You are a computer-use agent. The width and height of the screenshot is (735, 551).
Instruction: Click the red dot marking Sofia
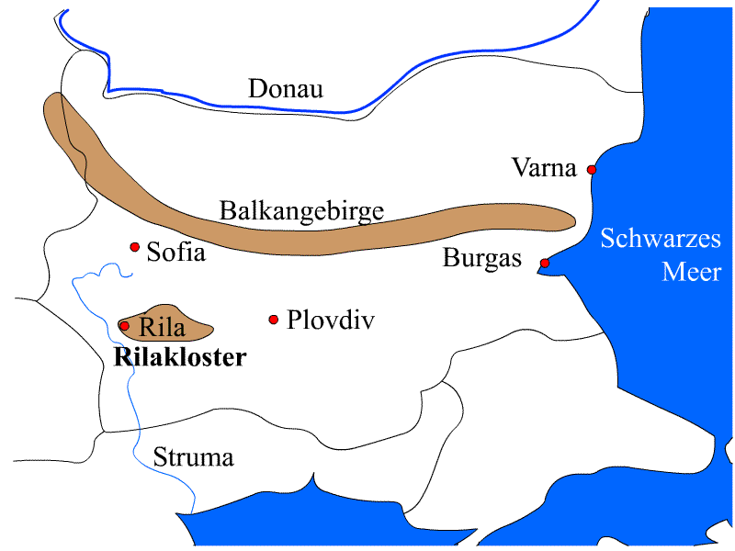click(x=134, y=247)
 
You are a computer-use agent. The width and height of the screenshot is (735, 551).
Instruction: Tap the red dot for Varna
click(x=592, y=170)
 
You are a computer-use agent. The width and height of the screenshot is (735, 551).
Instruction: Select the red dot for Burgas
click(x=545, y=264)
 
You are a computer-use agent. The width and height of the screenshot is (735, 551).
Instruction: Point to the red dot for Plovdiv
click(x=273, y=320)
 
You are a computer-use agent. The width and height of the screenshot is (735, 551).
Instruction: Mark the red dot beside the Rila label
click(x=124, y=325)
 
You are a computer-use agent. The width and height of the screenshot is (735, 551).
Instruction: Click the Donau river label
click(x=286, y=89)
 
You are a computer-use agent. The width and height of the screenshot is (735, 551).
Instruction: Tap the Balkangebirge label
click(x=300, y=210)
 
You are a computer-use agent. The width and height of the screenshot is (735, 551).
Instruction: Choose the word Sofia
click(x=175, y=253)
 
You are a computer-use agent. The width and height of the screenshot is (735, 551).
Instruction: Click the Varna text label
click(x=545, y=169)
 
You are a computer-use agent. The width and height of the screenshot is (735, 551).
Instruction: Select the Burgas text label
click(x=481, y=259)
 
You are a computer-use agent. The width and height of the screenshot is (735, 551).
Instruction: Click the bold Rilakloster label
click(x=180, y=357)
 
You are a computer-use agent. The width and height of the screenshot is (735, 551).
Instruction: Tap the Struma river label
click(x=194, y=457)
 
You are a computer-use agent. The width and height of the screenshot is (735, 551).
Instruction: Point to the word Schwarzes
click(x=661, y=240)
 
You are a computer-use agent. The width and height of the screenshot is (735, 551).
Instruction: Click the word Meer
click(x=691, y=273)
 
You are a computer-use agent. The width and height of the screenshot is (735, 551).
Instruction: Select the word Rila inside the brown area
click(x=162, y=327)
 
